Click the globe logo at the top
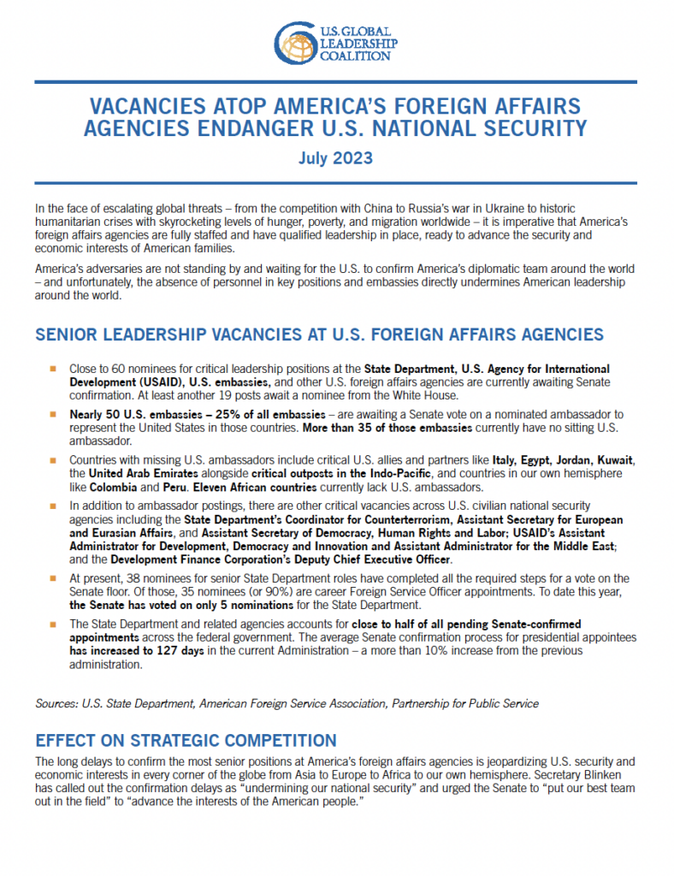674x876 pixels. (295, 42)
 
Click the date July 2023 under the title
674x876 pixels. (336, 158)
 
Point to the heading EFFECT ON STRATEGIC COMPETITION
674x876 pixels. (186, 740)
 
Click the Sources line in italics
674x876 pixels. (287, 703)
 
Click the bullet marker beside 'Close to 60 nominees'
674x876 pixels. (51, 368)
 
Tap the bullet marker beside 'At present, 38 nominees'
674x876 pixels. (51, 578)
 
